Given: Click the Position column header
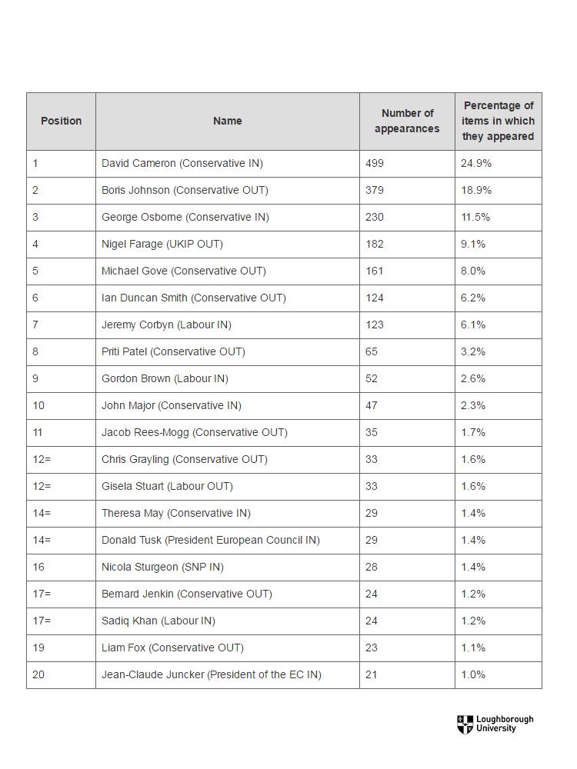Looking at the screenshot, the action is [x=62, y=121].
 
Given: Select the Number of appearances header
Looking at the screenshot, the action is [x=407, y=121].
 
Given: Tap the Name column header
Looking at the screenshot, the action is [x=228, y=121].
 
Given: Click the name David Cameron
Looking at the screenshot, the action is [x=138, y=163].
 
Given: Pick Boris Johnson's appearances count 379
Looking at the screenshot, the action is [x=375, y=190].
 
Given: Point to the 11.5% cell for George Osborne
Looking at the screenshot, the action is [x=475, y=218].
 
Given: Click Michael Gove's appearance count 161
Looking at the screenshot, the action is [x=375, y=271].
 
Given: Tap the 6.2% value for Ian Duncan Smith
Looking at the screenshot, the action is [x=473, y=298].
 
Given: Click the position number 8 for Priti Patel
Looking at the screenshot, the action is [x=35, y=351].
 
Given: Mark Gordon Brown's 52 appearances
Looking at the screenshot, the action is [x=372, y=378].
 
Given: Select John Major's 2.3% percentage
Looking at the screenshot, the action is [x=473, y=405].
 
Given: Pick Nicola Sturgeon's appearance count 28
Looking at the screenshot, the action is [x=372, y=567].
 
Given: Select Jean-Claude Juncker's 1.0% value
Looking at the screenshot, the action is [x=473, y=675].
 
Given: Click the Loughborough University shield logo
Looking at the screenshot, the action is [x=465, y=724].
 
